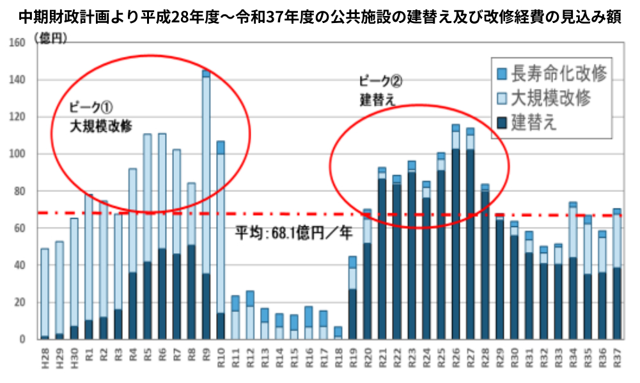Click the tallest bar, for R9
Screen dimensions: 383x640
tap(206, 205)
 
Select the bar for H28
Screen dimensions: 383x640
tap(45, 294)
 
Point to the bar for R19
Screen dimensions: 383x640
tap(352, 298)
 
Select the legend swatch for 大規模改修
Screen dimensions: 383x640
tap(501, 98)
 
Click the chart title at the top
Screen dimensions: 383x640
tap(320, 14)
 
